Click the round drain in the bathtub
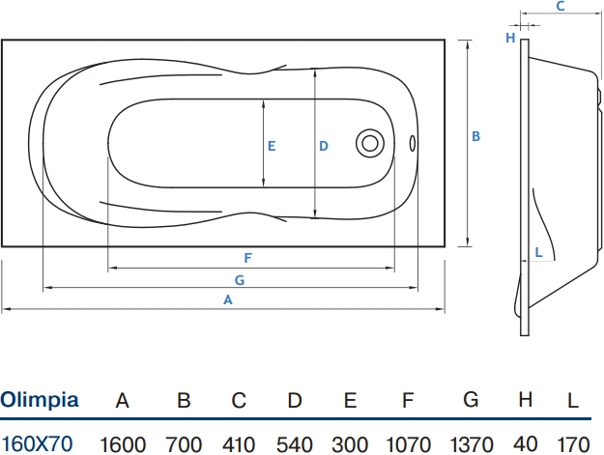coord(370,143)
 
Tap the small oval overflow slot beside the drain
coord(412,143)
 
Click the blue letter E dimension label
coord(272,146)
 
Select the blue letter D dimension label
coord(324,146)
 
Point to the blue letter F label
coord(248,258)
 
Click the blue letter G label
coord(240,280)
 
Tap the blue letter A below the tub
coord(228,299)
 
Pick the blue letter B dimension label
coord(476,136)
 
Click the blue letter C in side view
coord(561,6)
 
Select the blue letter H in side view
coord(510,38)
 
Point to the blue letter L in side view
coord(539,252)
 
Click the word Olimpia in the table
coord(40,400)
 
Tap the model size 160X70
coord(37,443)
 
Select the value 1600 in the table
coord(123,444)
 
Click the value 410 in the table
coord(239,444)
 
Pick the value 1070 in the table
coord(409,444)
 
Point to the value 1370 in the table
coord(472,444)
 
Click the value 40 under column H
coord(526,444)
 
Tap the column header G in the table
coord(471,400)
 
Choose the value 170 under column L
coord(573,444)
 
